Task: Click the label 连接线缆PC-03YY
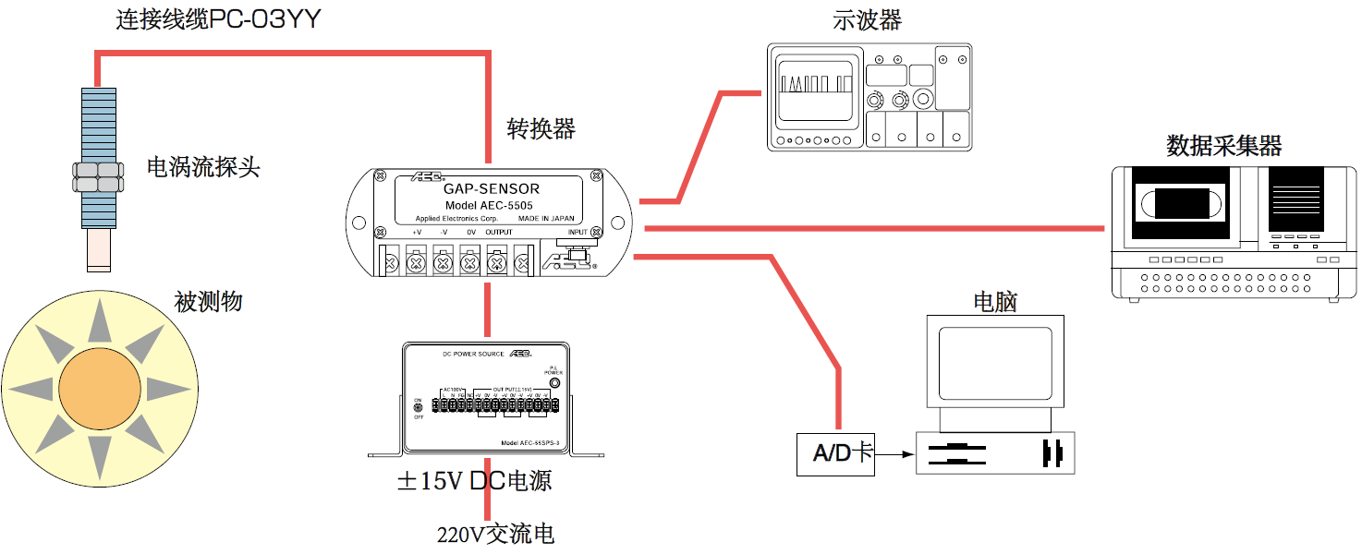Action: point(218,19)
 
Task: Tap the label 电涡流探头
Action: point(203,167)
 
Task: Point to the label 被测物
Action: point(208,302)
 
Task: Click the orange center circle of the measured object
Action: point(99,389)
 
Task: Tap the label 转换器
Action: point(541,129)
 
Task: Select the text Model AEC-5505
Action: point(488,205)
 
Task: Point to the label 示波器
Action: point(867,20)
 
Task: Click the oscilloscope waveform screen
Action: point(816,90)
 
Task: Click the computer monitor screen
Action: point(995,364)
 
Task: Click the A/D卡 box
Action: point(835,453)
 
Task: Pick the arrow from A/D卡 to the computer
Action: point(894,453)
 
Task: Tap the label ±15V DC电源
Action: point(474,481)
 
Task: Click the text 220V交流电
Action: point(495,534)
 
